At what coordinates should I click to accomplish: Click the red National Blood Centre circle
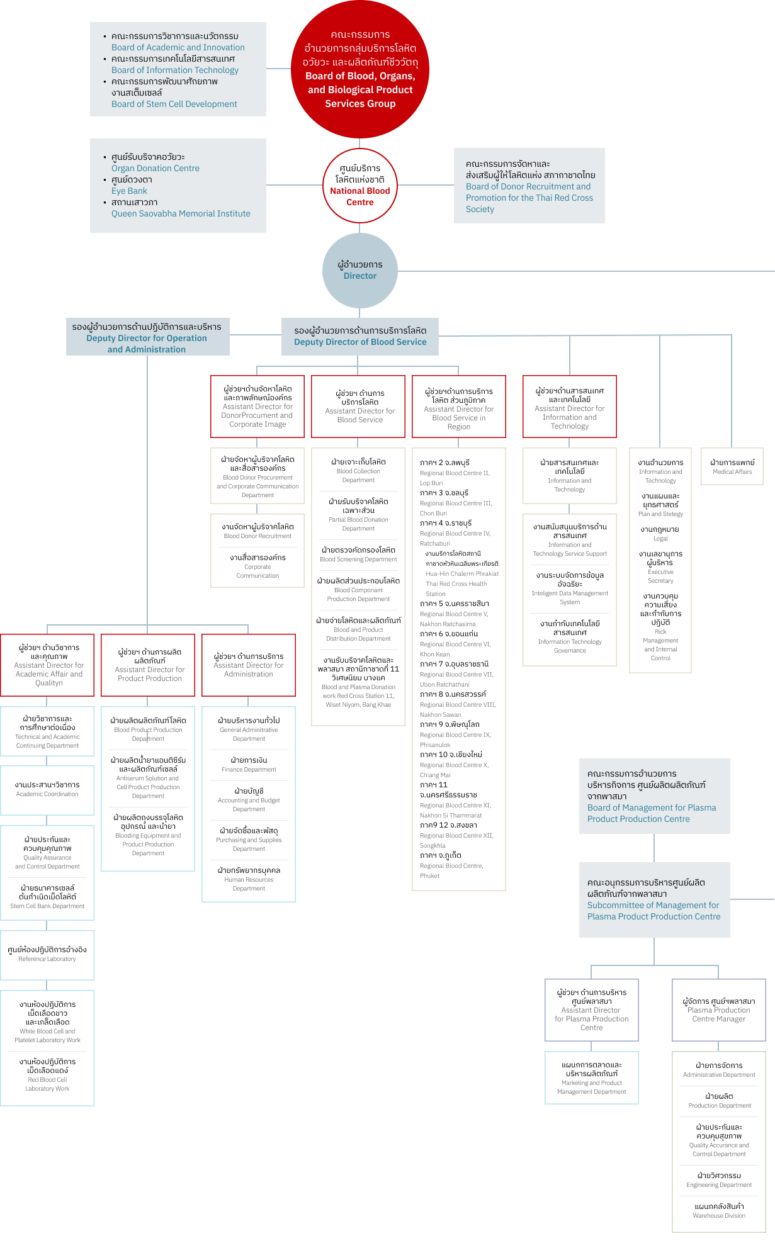coord(359,186)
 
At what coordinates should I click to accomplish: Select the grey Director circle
coord(359,271)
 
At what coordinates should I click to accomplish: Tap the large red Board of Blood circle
coord(359,69)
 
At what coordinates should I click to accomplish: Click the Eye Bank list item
coord(129,191)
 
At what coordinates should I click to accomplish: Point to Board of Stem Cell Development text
coord(174,104)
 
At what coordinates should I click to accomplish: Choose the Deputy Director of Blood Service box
coord(359,337)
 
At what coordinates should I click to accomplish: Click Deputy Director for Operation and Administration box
coord(147,337)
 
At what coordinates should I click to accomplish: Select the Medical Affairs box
coord(732,466)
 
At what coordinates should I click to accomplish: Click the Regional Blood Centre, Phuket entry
coord(451,870)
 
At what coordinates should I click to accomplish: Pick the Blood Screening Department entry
coord(358,559)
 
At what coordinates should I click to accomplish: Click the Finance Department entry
coord(249,769)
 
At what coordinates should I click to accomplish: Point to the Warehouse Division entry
coord(718,1215)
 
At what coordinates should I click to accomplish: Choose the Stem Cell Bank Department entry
coord(47,906)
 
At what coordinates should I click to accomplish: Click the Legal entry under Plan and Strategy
coord(660,539)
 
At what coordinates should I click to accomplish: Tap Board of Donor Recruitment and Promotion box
coord(529,186)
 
